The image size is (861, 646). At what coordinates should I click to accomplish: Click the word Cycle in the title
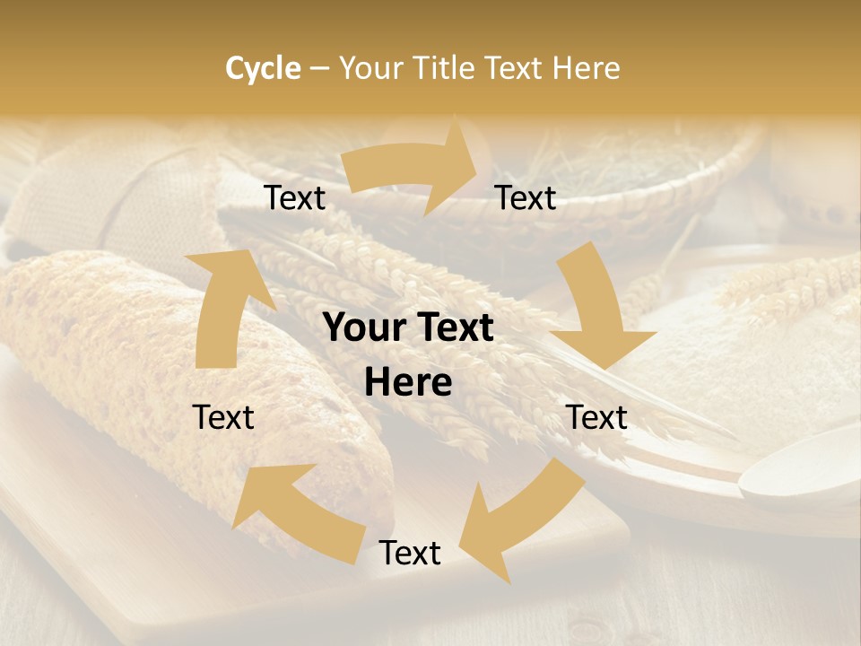pyautogui.click(x=263, y=68)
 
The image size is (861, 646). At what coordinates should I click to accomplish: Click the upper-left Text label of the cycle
pyautogui.click(x=295, y=198)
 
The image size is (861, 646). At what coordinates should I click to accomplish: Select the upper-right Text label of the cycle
pyautogui.click(x=526, y=198)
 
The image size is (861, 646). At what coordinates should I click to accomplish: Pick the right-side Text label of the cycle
pyautogui.click(x=596, y=417)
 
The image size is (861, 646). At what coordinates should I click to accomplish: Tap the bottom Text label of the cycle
pyautogui.click(x=410, y=553)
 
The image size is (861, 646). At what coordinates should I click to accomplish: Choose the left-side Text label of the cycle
pyautogui.click(x=223, y=417)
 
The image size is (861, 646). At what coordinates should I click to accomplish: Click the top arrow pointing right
pyautogui.click(x=413, y=167)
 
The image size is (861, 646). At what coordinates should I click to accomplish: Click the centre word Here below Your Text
pyautogui.click(x=409, y=383)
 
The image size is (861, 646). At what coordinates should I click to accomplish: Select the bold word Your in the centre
pyautogui.click(x=363, y=328)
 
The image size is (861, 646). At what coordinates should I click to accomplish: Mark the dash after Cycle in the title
pyautogui.click(x=319, y=68)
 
